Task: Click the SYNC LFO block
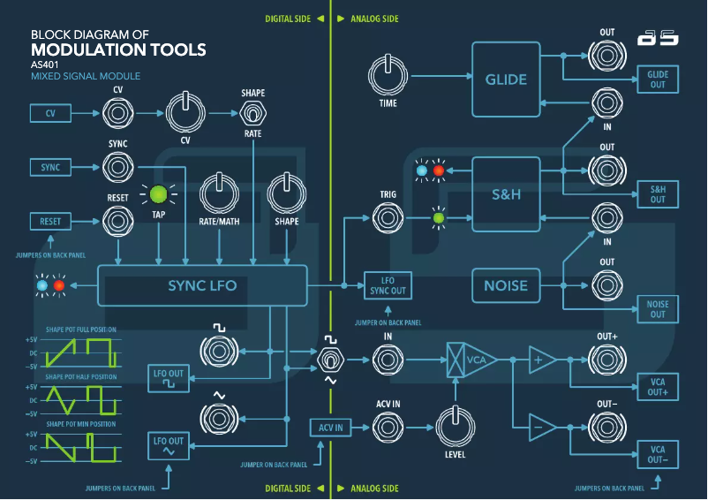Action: pos(202,286)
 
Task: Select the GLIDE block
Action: pos(505,80)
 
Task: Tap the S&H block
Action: pos(505,193)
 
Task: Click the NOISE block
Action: pos(505,286)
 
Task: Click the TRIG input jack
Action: pos(387,216)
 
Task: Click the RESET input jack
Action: pos(117,221)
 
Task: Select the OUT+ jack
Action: pos(606,360)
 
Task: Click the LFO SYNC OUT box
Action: pos(388,286)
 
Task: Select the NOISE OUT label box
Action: pos(658,309)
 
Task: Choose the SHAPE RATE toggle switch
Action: pos(253,115)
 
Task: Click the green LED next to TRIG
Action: pos(437,216)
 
